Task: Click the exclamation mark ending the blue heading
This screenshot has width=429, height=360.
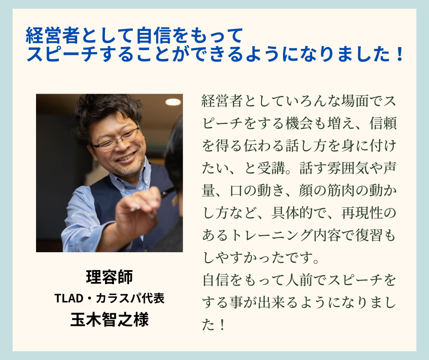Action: coord(399,54)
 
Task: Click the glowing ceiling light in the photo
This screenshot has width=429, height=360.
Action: coord(173,102)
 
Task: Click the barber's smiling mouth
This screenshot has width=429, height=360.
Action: coord(126,158)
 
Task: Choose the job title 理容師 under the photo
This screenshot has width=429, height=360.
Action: coord(110,277)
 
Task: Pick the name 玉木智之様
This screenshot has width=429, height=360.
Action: coord(110,319)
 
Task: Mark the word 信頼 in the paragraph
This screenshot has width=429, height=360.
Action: coord(383,123)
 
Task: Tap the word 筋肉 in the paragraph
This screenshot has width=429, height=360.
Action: coord(340,191)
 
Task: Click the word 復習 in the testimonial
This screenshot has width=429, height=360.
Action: coord(369,235)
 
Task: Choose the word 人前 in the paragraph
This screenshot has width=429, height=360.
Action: coord(299,280)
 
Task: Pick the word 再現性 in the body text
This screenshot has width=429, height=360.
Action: coord(362,213)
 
